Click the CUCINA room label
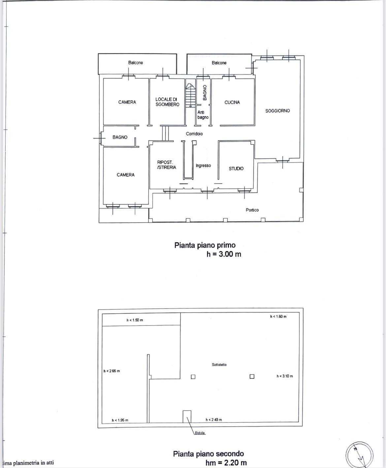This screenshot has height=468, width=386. point(232,103)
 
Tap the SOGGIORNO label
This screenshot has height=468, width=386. point(277,111)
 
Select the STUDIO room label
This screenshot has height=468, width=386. point(236,169)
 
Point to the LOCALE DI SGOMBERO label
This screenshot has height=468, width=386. point(167,102)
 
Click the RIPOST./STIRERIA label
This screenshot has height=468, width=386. point(166,165)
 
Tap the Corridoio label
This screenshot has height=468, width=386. point(194,134)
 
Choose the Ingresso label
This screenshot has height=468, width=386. point(203,166)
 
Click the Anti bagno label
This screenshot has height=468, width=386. point(203,115)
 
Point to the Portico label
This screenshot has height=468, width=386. point(252,210)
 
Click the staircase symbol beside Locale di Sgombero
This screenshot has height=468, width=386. point(190,95)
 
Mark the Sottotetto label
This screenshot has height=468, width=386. point(219,365)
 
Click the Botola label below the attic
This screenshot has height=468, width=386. point(200,433)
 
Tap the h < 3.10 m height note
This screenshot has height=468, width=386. point(285,376)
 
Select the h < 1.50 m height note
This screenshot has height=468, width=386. point(135,320)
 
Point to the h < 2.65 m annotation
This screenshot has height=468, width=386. point(112,371)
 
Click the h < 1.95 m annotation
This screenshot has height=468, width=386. point(120,420)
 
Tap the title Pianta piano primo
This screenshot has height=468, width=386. point(205,245)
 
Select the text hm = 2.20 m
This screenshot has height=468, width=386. point(226,463)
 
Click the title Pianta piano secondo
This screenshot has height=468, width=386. point(209,454)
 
